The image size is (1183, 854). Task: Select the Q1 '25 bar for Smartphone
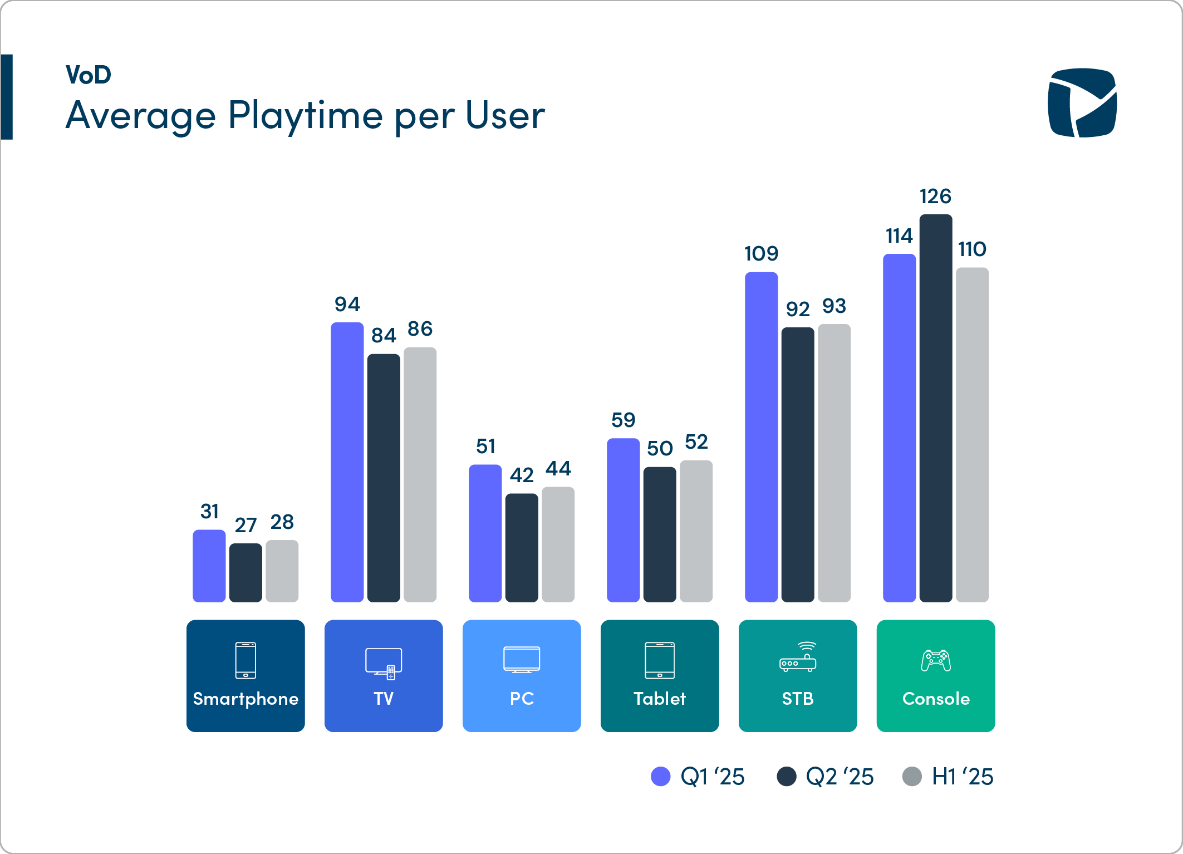click(x=209, y=566)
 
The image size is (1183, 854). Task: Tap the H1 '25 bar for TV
click(x=420, y=474)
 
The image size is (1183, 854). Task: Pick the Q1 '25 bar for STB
click(x=761, y=437)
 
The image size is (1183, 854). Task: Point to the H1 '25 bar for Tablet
click(x=696, y=531)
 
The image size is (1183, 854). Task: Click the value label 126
click(x=935, y=197)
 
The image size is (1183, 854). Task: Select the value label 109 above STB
click(x=761, y=254)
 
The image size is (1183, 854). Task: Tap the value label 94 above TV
click(x=347, y=305)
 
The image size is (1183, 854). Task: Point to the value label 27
click(x=246, y=525)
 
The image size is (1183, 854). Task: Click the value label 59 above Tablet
click(x=623, y=420)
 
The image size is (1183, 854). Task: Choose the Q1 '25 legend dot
click(x=661, y=777)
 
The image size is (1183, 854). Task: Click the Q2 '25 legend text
click(x=840, y=777)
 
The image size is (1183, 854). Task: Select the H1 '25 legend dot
click(x=912, y=777)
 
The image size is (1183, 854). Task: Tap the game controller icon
click(x=936, y=661)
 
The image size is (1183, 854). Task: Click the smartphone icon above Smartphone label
click(x=246, y=660)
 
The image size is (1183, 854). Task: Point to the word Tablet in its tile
click(x=660, y=699)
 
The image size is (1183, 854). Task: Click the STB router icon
click(x=798, y=657)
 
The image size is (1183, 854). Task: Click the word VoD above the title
click(x=89, y=75)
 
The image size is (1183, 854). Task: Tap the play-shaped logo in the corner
click(x=1082, y=102)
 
